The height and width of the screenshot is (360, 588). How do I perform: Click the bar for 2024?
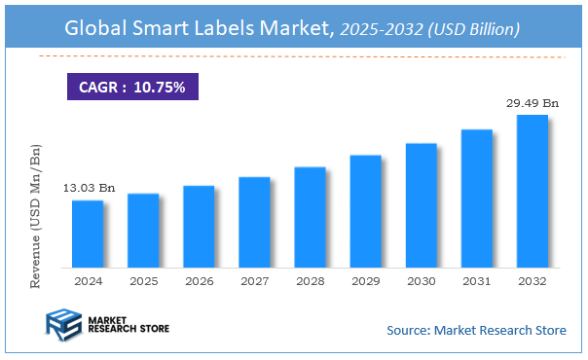pos(88,234)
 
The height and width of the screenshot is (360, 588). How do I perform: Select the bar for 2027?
pos(254,222)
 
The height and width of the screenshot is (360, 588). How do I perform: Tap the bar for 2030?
pos(422,204)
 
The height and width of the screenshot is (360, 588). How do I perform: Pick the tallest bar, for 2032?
pos(533,191)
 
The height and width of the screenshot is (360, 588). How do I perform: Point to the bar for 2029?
pos(366,210)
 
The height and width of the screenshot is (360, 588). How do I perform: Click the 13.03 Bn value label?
pos(89,187)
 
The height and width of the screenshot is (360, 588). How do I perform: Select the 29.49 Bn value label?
pos(532,102)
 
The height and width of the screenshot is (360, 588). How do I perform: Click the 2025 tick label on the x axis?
pos(143,280)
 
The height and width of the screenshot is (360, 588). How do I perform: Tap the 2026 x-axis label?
pos(199,280)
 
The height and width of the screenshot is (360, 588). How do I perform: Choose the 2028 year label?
pos(310,280)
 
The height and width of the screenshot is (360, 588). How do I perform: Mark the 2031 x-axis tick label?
pos(477,280)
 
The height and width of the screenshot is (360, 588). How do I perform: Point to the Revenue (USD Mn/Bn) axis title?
pos(36,215)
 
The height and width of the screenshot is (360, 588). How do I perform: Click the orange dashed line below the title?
pos(292,57)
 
